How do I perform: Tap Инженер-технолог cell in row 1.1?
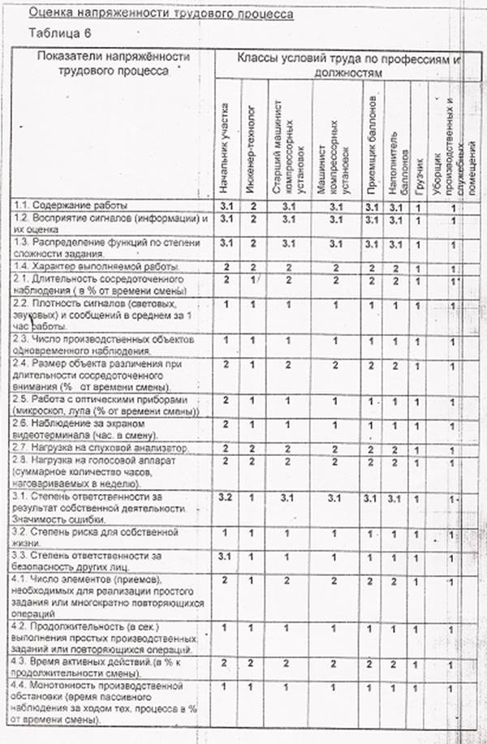pyautogui.click(x=253, y=205)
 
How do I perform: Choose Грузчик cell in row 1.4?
pyautogui.click(x=418, y=266)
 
